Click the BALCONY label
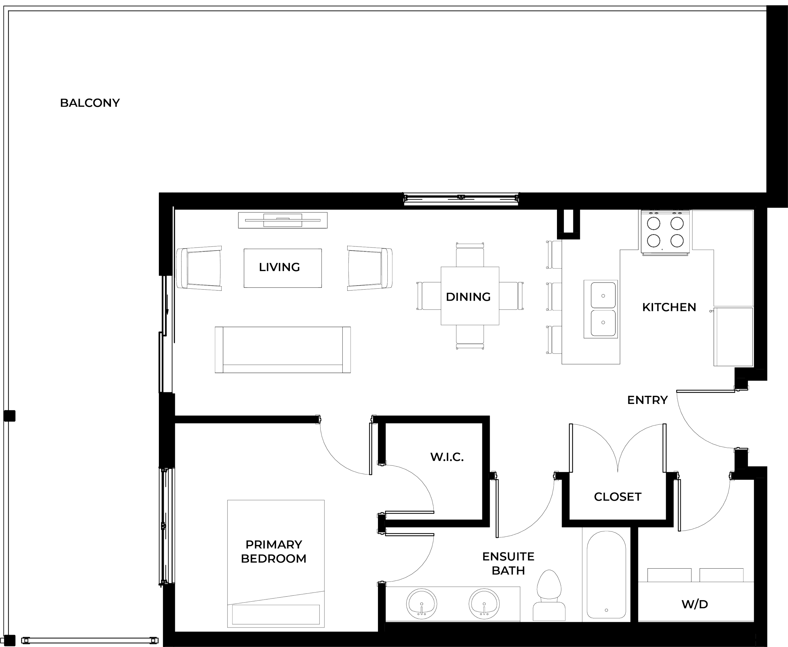tap(90, 103)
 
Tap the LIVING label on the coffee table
tap(280, 267)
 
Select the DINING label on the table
tap(469, 297)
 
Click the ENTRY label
tap(647, 400)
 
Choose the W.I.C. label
tap(447, 457)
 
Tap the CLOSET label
tap(617, 497)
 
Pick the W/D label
tap(694, 604)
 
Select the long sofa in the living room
tap(282, 349)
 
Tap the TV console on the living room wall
tap(282, 220)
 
